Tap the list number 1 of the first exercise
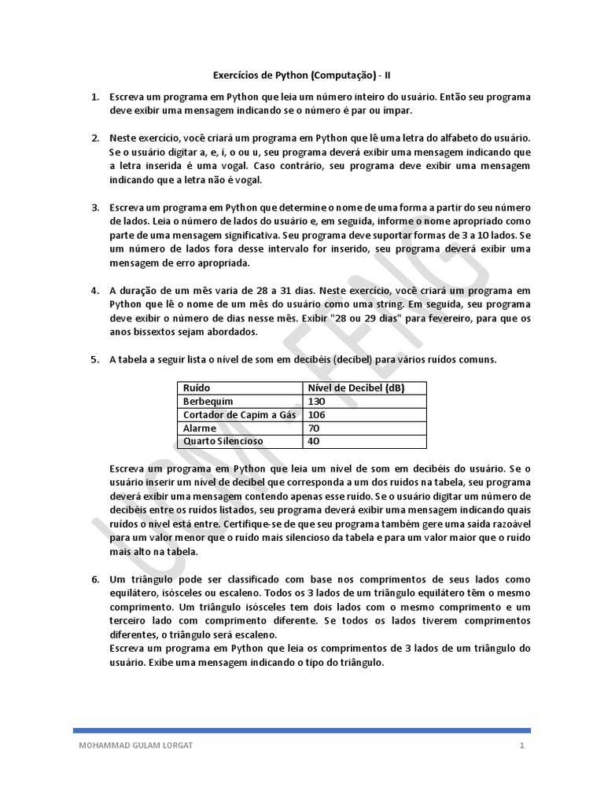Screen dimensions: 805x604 94,97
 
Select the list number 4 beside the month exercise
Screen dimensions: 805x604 94,291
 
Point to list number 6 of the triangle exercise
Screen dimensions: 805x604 94,579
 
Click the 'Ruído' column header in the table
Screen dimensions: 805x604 197,388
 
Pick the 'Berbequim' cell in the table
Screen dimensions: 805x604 208,401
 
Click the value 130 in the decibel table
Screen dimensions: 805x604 317,401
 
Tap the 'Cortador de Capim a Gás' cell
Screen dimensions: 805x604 238,414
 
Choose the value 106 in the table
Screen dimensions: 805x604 317,414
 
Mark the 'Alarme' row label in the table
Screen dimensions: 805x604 200,428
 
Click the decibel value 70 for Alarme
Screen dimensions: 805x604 314,428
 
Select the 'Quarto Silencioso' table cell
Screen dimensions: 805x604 223,441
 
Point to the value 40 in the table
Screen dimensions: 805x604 314,441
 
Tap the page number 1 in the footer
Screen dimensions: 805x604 521,745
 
